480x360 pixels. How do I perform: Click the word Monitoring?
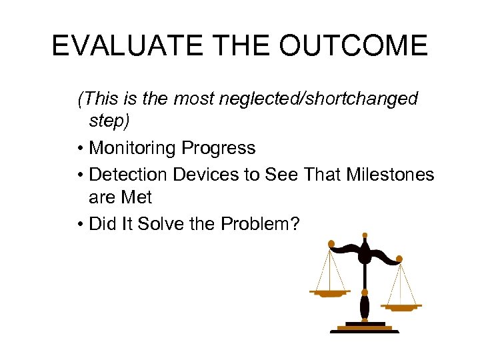[x=131, y=147]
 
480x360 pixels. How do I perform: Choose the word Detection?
[x=129, y=175]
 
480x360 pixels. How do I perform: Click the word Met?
[x=137, y=198]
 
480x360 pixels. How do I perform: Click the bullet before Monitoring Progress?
[x=81, y=148]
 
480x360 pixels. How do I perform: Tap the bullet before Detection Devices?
[x=81, y=175]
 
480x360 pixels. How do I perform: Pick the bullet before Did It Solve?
[x=81, y=225]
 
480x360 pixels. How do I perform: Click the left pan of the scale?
[x=330, y=293]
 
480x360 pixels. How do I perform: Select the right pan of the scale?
[x=401, y=307]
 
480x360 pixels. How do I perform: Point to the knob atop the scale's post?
[x=365, y=235]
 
